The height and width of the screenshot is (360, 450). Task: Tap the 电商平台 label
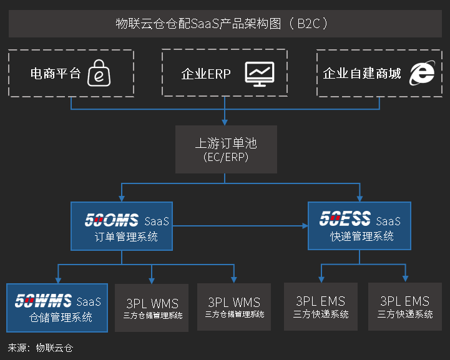pyautogui.click(x=56, y=74)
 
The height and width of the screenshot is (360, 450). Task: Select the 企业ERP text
pyautogui.click(x=206, y=74)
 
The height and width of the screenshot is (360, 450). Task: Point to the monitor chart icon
pyautogui.click(x=260, y=73)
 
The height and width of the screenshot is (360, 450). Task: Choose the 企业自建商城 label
pyautogui.click(x=362, y=74)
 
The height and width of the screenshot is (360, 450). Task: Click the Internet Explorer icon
pyautogui.click(x=422, y=73)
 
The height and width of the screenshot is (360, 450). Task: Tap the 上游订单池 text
pyautogui.click(x=225, y=144)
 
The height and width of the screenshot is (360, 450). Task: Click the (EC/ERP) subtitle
pyautogui.click(x=225, y=157)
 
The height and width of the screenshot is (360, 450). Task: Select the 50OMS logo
pyautogui.click(x=112, y=221)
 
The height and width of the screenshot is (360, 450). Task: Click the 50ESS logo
pyautogui.click(x=345, y=220)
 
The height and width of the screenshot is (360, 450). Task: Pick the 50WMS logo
pyautogui.click(x=43, y=301)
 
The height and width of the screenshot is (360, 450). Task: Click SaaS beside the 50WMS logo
pyautogui.click(x=88, y=302)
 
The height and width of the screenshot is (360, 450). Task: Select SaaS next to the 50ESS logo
pyautogui.click(x=388, y=221)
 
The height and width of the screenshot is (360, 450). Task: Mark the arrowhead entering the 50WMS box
pyautogui.click(x=58, y=280)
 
